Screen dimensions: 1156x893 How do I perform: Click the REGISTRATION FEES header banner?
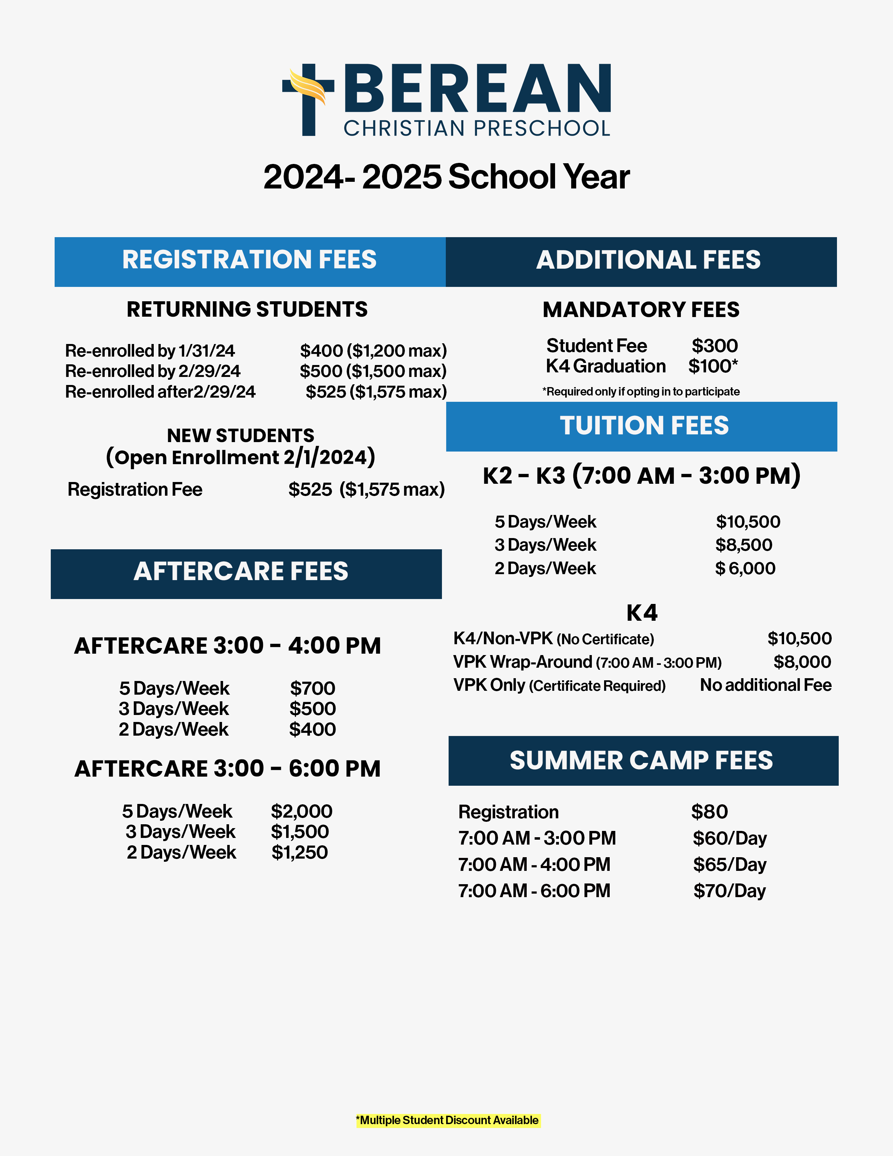[x=250, y=261]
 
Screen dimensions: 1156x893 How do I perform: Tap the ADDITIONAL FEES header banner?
[x=641, y=261]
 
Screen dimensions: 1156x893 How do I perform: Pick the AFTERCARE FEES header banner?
[x=246, y=574]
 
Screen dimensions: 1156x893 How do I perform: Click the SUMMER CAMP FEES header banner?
[x=643, y=761]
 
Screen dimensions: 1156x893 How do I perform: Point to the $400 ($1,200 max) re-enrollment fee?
[x=373, y=350]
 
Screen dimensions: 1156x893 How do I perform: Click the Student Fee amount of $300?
[x=714, y=346]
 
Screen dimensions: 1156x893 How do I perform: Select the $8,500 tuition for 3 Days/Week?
[x=744, y=545]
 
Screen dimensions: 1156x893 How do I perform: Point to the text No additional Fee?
[x=766, y=685]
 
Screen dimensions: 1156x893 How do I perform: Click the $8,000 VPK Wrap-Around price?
[x=802, y=662]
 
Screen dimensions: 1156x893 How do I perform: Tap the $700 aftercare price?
[x=312, y=688]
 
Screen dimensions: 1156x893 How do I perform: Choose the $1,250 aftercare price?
[x=299, y=852]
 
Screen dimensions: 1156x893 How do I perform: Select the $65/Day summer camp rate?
[x=729, y=864]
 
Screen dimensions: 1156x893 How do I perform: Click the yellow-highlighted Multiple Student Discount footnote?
[x=448, y=1120]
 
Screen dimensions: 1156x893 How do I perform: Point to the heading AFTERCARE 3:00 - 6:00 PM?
[x=228, y=769]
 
